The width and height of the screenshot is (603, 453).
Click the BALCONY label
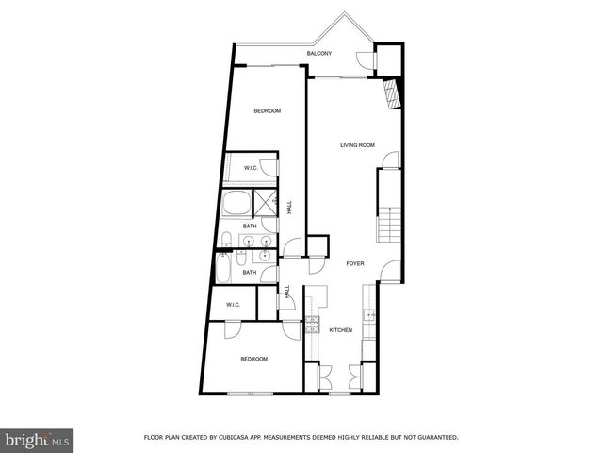coord(319,54)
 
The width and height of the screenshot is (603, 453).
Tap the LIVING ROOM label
coord(358,145)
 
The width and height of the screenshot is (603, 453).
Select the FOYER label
coord(354,264)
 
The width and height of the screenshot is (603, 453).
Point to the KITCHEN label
coord(340,330)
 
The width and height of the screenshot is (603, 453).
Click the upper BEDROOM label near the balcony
coord(268,111)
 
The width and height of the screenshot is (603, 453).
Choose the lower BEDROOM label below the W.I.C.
coord(253,359)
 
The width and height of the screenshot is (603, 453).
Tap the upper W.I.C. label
coord(252,168)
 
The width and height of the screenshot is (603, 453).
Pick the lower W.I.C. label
coord(234,305)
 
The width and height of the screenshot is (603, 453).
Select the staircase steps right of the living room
coord(387,226)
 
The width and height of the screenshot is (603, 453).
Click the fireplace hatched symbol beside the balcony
coord(392,93)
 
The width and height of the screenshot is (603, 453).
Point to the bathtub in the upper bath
coord(236,204)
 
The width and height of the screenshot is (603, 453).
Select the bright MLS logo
coord(38,440)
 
